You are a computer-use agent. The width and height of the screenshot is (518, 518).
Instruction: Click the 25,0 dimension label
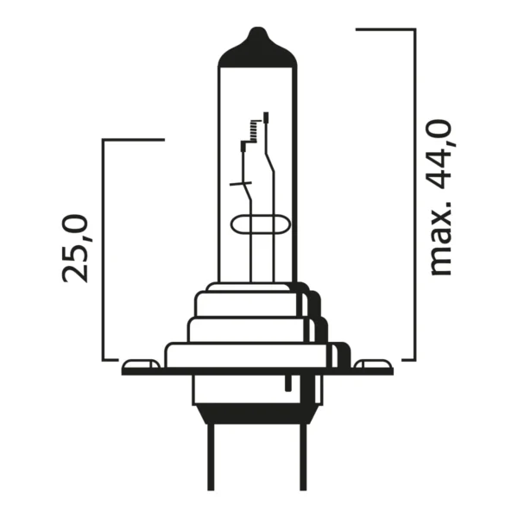[x=75, y=248]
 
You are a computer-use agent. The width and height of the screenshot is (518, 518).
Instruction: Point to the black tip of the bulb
[x=257, y=48]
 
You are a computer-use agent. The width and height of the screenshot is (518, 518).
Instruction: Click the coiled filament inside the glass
[x=254, y=131]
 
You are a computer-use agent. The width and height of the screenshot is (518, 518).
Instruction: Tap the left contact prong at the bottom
[x=211, y=458]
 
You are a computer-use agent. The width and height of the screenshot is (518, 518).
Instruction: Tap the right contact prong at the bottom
[x=303, y=458]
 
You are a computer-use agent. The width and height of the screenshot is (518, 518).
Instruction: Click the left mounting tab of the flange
[x=141, y=363]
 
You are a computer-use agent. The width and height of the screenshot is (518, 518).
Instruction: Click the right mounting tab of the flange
[x=373, y=363]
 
